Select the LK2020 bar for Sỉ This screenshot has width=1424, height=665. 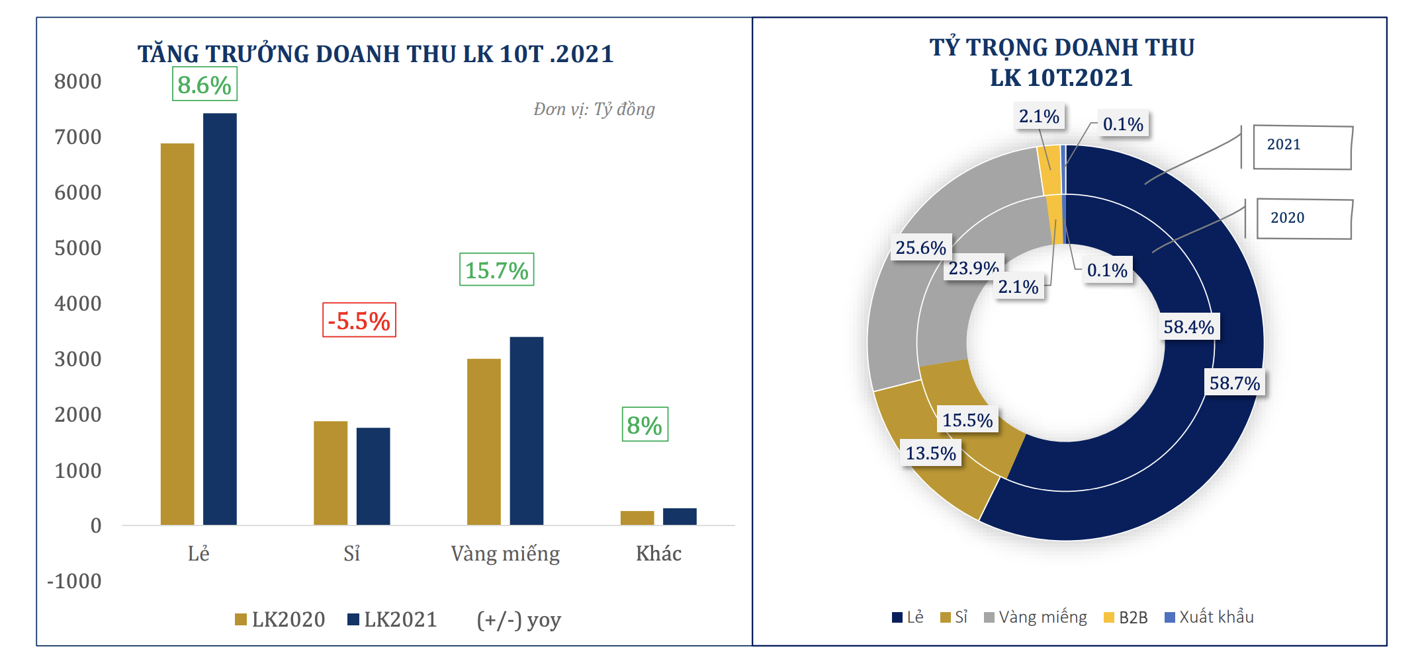(330, 473)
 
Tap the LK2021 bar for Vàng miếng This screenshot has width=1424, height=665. (526, 430)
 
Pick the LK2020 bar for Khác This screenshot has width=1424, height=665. (637, 518)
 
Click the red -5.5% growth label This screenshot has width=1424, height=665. (359, 321)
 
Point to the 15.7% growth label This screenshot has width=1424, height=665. (497, 270)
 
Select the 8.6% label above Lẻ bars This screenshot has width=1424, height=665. (204, 85)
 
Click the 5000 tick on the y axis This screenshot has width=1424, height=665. (78, 248)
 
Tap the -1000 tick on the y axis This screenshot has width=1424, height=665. (74, 581)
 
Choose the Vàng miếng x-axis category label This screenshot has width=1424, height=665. (505, 553)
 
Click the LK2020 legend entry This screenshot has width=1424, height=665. (281, 619)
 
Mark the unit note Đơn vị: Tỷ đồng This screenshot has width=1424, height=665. (594, 109)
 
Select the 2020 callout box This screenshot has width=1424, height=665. (1304, 219)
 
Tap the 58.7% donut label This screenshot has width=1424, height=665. (1235, 383)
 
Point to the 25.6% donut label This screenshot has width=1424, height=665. (920, 247)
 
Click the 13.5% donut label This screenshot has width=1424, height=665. (930, 453)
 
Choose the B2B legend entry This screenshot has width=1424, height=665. (1126, 617)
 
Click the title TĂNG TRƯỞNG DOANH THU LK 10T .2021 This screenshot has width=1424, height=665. (376, 54)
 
